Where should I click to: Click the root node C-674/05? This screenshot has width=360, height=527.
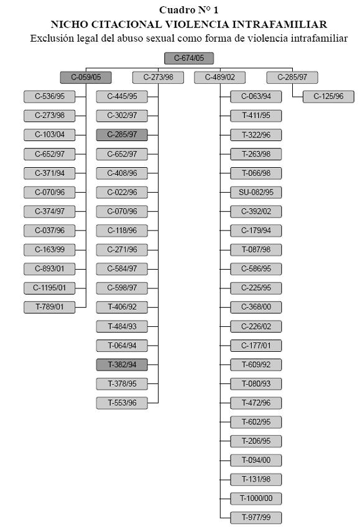click(189, 58)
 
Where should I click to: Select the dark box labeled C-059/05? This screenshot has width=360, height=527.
click(86, 77)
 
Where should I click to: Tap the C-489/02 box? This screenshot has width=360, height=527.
click(220, 77)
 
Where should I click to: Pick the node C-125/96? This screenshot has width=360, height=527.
click(328, 96)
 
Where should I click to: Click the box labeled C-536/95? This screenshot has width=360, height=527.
click(49, 96)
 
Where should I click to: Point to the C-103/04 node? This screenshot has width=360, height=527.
click(49, 135)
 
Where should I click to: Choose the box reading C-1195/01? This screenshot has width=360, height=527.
click(49, 288)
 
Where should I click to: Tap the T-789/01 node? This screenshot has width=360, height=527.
click(49, 307)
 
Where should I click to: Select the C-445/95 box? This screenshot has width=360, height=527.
click(122, 96)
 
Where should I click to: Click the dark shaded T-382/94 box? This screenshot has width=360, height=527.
click(122, 365)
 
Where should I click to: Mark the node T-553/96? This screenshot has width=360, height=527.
click(122, 403)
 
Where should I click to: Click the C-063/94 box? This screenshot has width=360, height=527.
click(256, 96)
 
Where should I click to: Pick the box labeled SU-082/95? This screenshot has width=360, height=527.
click(256, 192)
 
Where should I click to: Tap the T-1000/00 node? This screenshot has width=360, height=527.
click(256, 498)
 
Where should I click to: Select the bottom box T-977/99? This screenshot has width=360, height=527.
click(256, 518)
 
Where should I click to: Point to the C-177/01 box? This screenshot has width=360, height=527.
click(256, 346)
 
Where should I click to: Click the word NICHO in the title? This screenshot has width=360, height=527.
click(69, 24)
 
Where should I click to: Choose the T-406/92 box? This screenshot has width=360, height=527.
click(122, 307)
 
